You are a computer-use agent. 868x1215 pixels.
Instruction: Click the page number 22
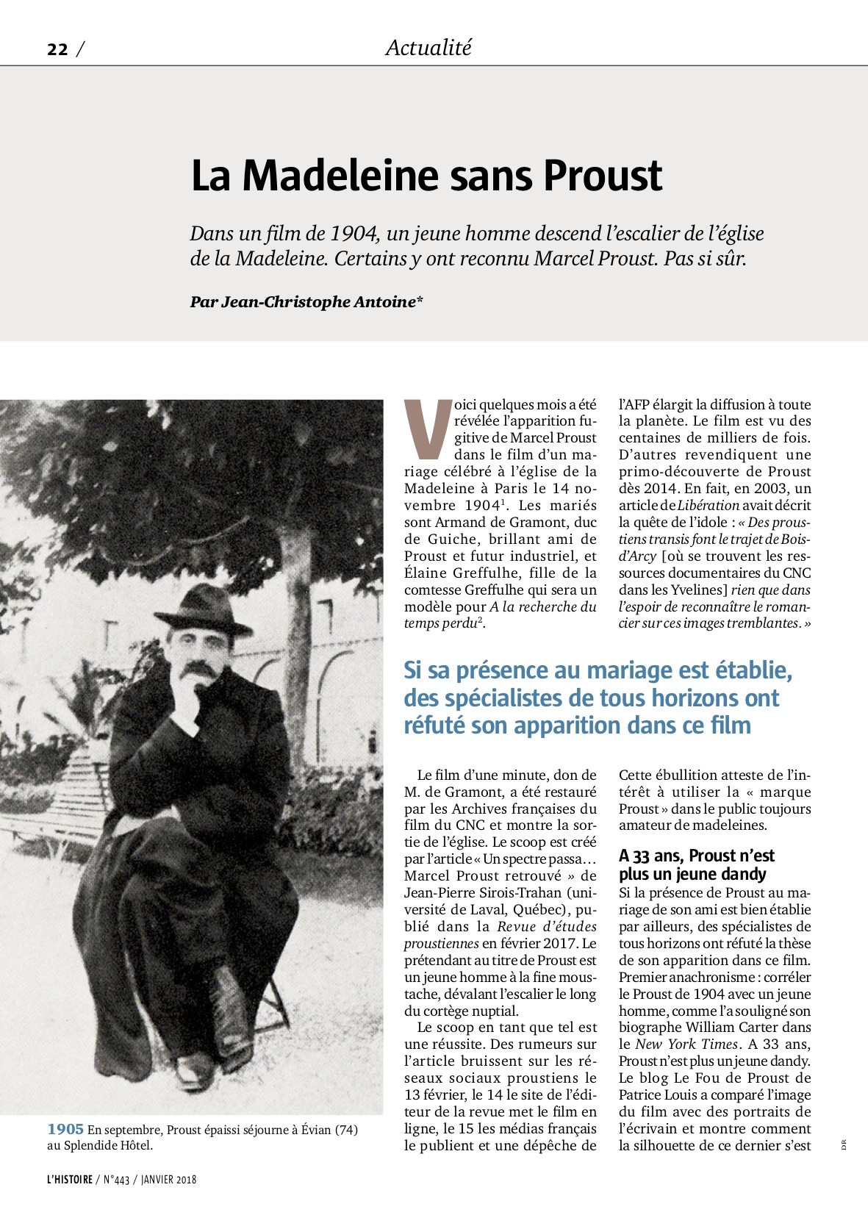click(57, 49)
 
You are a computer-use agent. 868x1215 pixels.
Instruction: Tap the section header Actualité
click(428, 48)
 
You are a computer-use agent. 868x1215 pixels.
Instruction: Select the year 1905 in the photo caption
click(65, 1129)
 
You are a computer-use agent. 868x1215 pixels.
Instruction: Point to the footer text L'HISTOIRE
click(70, 1180)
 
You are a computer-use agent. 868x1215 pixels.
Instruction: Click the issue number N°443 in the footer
click(116, 1180)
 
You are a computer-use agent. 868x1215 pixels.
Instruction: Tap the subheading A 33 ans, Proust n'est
click(696, 856)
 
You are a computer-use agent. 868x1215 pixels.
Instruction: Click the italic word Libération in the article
click(708, 505)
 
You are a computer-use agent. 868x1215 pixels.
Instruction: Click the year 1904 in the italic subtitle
click(354, 234)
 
